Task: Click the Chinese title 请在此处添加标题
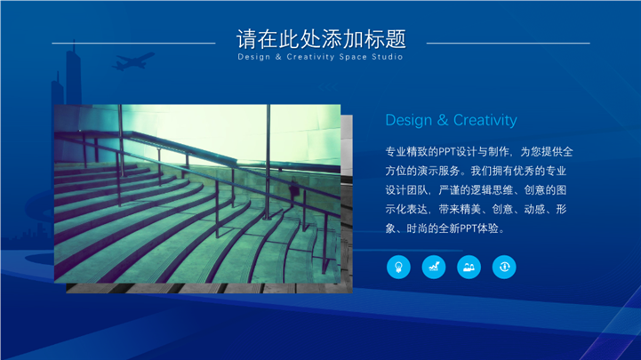pyautogui.click(x=321, y=39)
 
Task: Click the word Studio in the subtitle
pyautogui.click(x=387, y=57)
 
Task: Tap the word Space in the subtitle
pyautogui.click(x=353, y=57)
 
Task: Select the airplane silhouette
pyautogui.click(x=132, y=60)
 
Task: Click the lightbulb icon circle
pyautogui.click(x=398, y=267)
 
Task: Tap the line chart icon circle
pyautogui.click(x=434, y=267)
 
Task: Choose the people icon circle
pyautogui.click(x=469, y=267)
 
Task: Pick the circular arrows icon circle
pyautogui.click(x=504, y=267)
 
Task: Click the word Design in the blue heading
pyautogui.click(x=408, y=121)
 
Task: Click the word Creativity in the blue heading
pyautogui.click(x=485, y=120)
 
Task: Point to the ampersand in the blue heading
pyautogui.click(x=443, y=120)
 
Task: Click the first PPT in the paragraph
pyautogui.click(x=447, y=152)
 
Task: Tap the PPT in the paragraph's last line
pyautogui.click(x=468, y=228)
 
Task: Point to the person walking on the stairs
pyautogui.click(x=293, y=191)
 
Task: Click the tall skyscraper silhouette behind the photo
pyautogui.click(x=74, y=74)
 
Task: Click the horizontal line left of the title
pyautogui.click(x=133, y=43)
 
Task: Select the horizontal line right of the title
pyautogui.click(x=509, y=43)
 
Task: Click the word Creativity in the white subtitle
pyautogui.click(x=310, y=57)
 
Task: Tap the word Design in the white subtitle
pyautogui.click(x=254, y=57)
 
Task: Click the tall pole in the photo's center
pyautogui.click(x=268, y=163)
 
